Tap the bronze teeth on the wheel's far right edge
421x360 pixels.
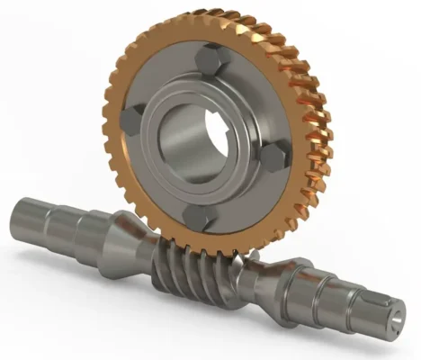[320, 153]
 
